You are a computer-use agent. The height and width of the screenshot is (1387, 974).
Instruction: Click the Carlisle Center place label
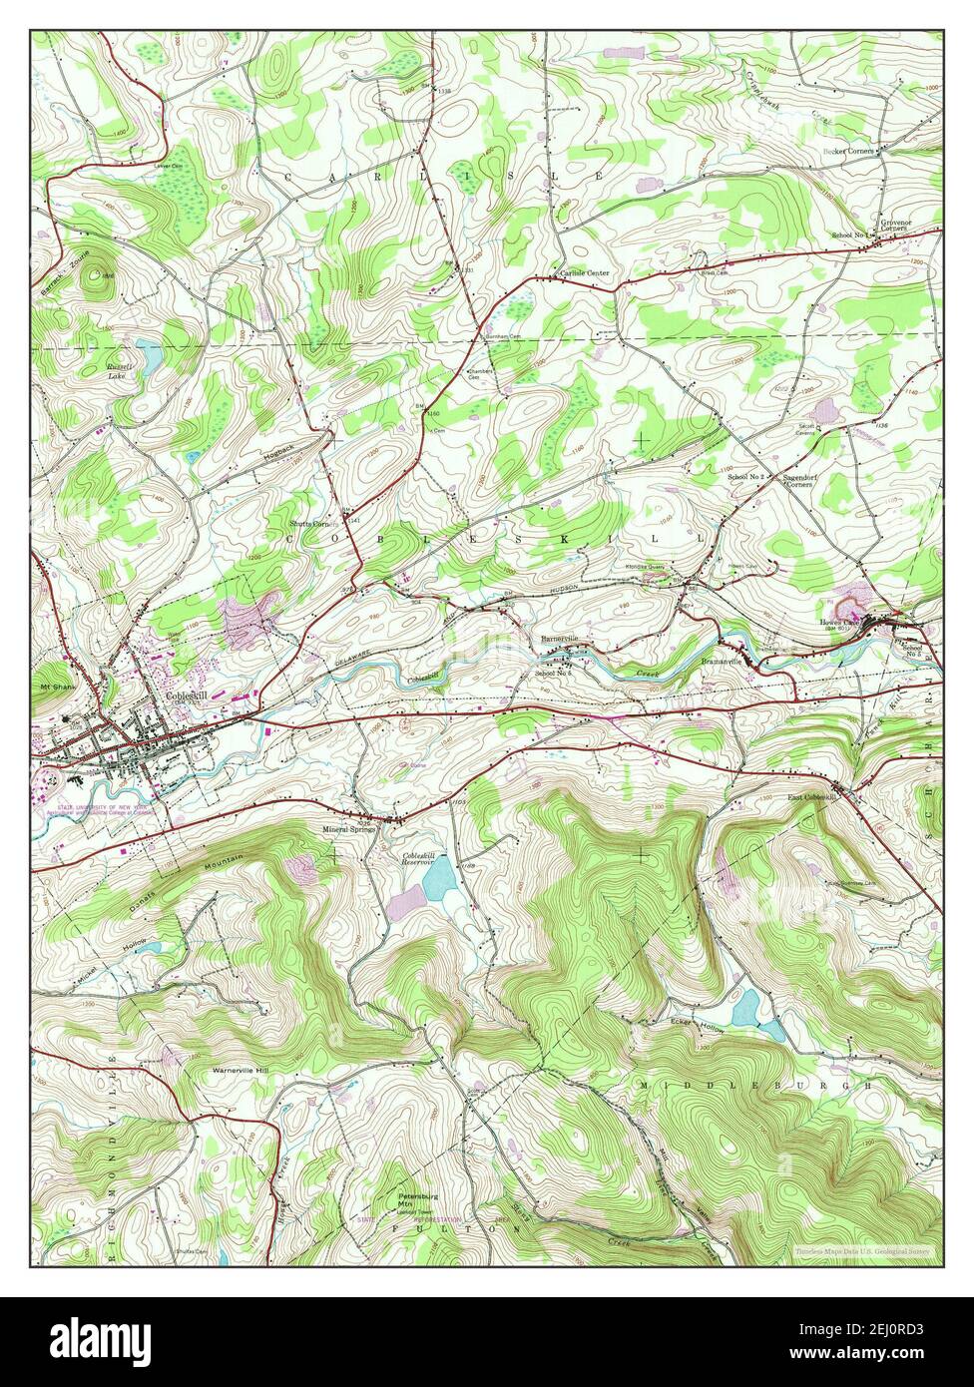tap(584, 272)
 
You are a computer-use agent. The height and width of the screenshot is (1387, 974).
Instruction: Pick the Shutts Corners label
tap(310, 523)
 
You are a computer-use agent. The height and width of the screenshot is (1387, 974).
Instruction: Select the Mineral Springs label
tap(348, 829)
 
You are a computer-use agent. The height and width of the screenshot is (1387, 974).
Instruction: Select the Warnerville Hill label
tap(241, 1071)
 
